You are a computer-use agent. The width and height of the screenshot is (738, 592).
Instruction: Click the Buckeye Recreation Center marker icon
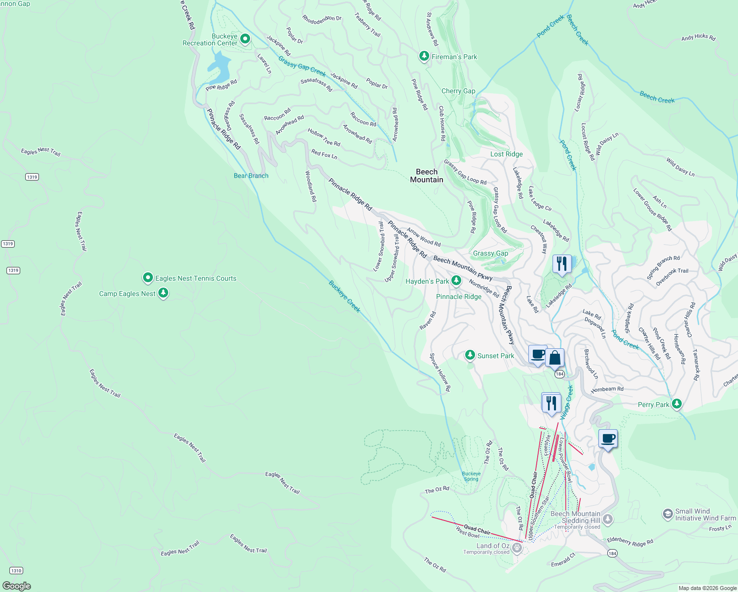245,39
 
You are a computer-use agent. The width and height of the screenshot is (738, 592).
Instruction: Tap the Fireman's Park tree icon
424,56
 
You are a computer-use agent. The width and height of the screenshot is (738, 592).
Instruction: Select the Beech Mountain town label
427,176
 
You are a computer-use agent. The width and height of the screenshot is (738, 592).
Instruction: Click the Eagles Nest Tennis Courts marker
148,278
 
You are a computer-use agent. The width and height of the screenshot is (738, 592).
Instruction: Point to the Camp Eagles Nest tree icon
163,293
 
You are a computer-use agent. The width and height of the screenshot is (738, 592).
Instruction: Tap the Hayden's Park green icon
456,281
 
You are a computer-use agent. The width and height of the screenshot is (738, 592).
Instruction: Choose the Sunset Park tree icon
470,355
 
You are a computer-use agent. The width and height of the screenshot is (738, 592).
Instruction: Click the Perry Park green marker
677,404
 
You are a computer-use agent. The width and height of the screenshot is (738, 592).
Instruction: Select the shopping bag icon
554,358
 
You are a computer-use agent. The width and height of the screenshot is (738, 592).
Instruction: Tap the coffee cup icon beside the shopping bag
538,354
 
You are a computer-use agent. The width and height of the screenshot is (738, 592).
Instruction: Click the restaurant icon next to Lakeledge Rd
561,264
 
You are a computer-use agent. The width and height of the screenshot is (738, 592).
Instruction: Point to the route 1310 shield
16,570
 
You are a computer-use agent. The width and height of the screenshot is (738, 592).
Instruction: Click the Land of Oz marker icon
517,548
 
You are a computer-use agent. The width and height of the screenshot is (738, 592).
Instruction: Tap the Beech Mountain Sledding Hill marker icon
608,519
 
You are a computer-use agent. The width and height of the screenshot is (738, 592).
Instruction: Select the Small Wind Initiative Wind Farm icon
667,515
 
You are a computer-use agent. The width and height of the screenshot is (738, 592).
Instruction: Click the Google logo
17,586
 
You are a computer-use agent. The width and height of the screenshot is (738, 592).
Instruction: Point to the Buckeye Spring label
471,476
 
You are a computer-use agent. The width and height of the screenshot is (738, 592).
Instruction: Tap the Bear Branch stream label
251,176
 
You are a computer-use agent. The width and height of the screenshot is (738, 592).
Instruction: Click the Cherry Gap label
458,91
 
